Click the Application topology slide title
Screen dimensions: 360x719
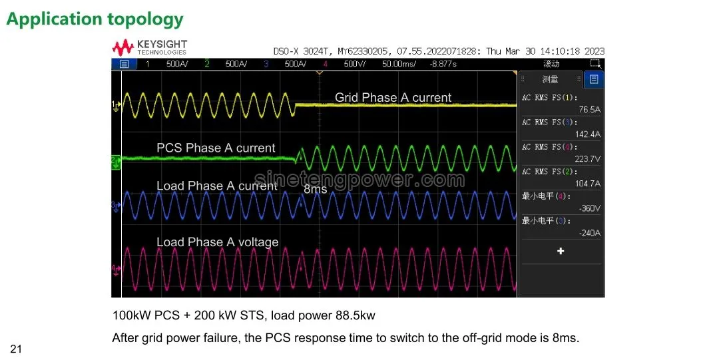pyautogui.click(x=95, y=19)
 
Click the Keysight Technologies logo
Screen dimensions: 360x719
pyautogui.click(x=150, y=47)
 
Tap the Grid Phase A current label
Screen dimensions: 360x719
pyautogui.click(x=393, y=98)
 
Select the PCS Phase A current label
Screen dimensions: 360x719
pyautogui.click(x=216, y=148)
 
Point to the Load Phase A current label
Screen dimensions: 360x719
pyautogui.click(x=216, y=186)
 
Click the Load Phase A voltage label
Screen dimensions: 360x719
pyautogui.click(x=217, y=242)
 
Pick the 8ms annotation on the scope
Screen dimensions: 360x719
pyautogui.click(x=315, y=189)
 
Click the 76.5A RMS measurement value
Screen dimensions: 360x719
pyautogui.click(x=589, y=110)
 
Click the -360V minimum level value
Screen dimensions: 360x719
pyautogui.click(x=589, y=208)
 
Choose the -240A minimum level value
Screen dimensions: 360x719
pyautogui.click(x=589, y=233)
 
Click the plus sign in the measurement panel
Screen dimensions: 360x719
pyautogui.click(x=561, y=251)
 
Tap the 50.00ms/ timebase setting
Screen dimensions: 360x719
pyautogui.click(x=398, y=64)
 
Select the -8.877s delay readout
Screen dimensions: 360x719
pyautogui.click(x=443, y=64)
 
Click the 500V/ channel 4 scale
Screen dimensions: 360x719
pyautogui.click(x=355, y=64)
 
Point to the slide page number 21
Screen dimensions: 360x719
pyautogui.click(x=16, y=349)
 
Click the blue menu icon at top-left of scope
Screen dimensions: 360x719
pyautogui.click(x=123, y=64)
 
